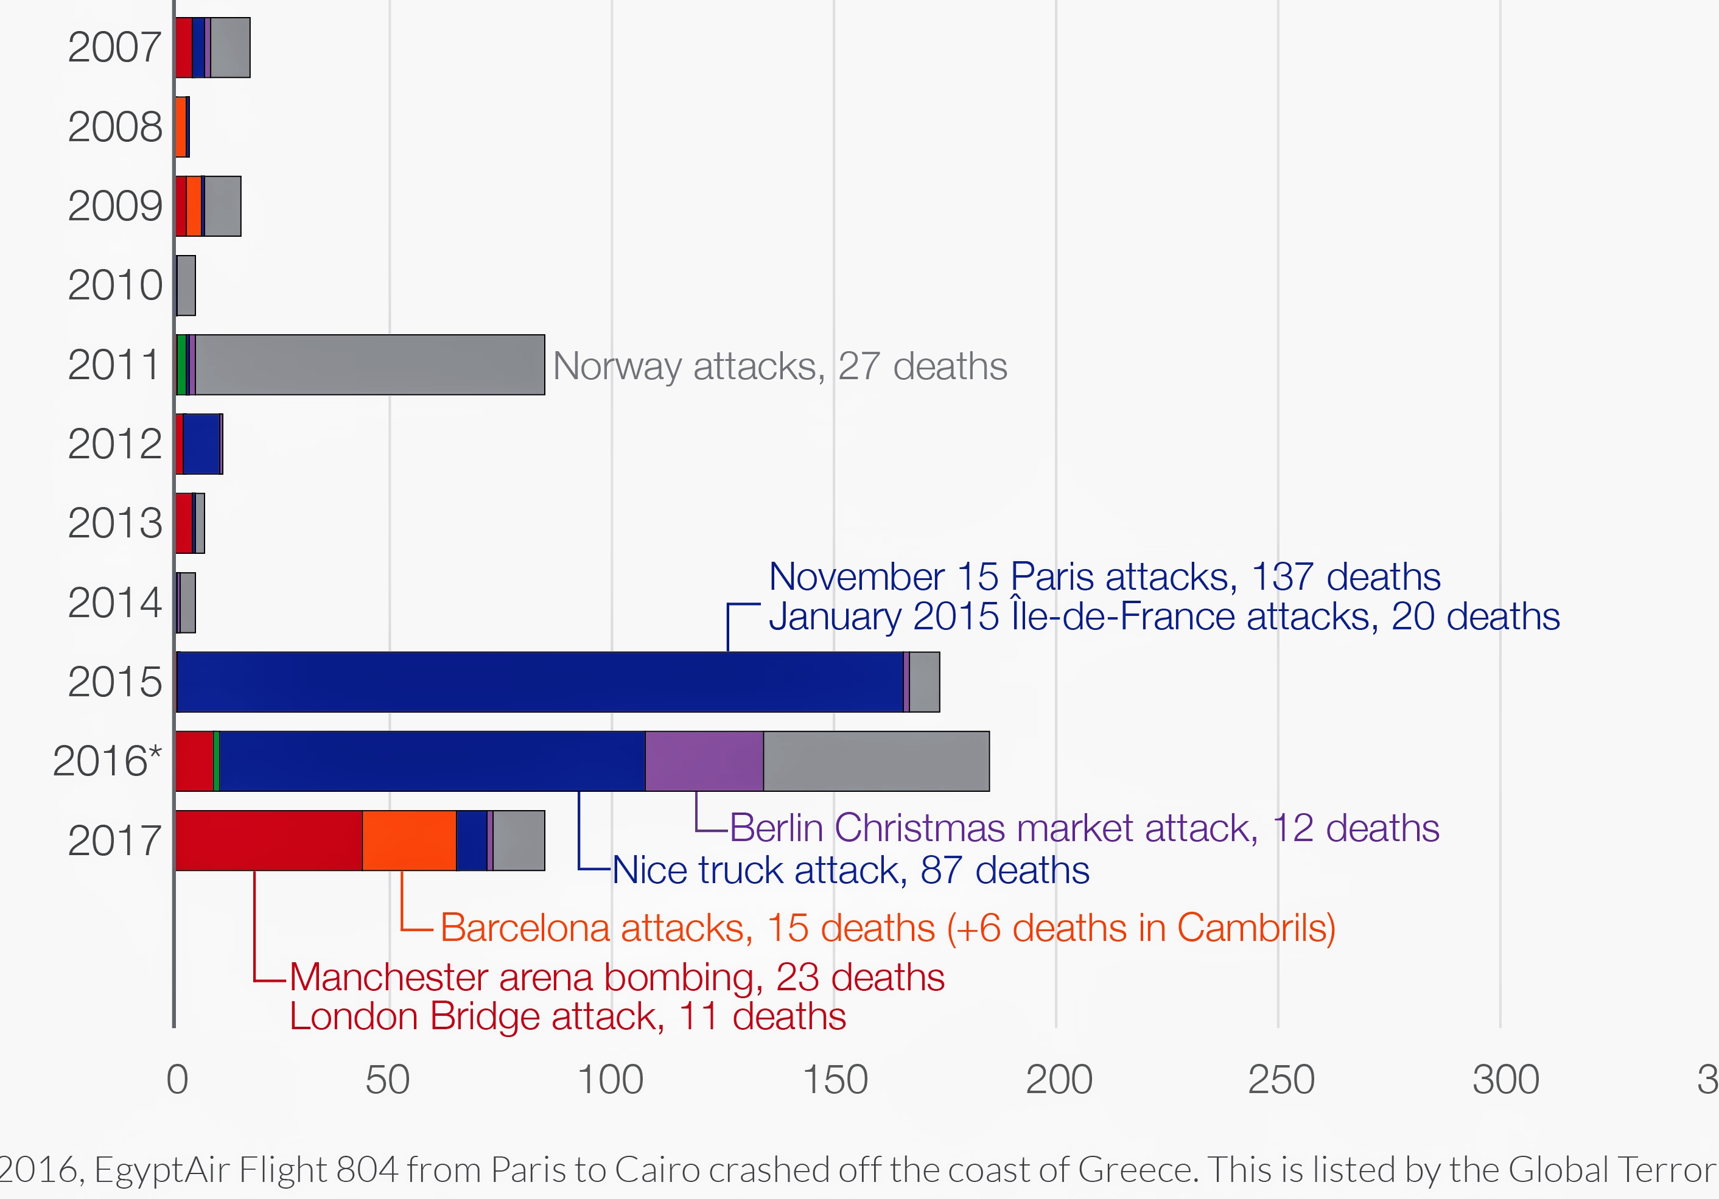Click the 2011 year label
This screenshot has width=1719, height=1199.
click(x=114, y=365)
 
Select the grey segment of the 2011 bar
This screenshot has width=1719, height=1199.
click(x=370, y=365)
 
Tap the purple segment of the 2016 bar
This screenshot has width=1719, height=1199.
click(x=704, y=761)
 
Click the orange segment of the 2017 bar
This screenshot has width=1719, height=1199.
click(x=409, y=841)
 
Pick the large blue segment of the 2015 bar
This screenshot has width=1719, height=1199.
click(x=539, y=682)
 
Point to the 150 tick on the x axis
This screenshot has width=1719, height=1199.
click(x=835, y=1080)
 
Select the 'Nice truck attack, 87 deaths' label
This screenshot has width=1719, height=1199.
click(x=850, y=870)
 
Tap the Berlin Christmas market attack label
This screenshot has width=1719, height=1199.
click(x=1084, y=828)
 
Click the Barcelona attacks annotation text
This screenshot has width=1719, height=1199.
click(x=888, y=928)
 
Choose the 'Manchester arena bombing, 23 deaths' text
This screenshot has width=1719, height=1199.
click(x=617, y=977)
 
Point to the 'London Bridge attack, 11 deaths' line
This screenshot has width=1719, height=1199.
click(x=567, y=1016)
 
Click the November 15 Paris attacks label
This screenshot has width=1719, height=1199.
click(x=1104, y=577)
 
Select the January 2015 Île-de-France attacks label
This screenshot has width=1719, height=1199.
click(x=1164, y=617)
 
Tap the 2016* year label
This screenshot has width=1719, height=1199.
click(x=107, y=761)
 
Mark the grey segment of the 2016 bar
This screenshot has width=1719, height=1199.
click(x=876, y=761)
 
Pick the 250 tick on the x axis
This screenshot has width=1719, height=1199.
click(x=1281, y=1080)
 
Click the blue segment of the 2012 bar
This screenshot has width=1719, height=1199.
click(x=201, y=444)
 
